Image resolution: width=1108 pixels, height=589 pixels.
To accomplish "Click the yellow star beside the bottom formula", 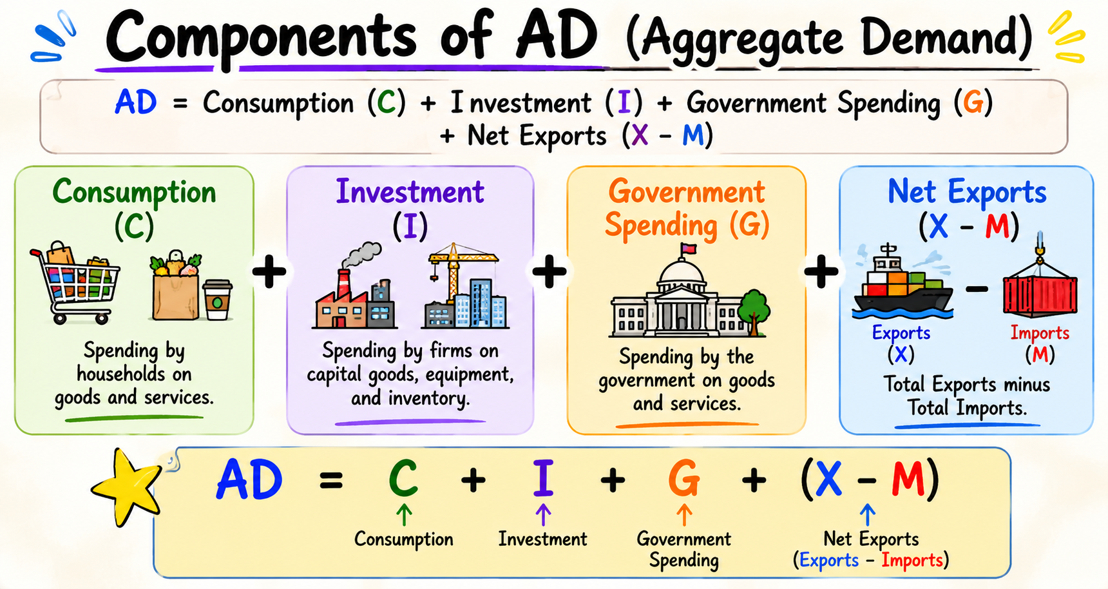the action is click(127, 487).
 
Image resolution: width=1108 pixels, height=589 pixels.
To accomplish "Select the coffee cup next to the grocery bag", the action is click(217, 300).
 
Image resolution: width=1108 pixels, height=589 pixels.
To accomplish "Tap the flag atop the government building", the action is click(688, 249).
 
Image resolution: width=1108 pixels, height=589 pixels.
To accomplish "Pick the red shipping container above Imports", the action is click(1040, 290).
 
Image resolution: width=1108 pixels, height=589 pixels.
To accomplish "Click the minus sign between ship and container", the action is click(977, 289).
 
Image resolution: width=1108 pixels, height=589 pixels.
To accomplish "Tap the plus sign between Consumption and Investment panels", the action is click(269, 271).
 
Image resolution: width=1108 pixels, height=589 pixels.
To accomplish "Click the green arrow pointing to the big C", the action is click(404, 514).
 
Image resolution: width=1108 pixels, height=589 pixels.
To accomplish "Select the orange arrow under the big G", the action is click(684, 514).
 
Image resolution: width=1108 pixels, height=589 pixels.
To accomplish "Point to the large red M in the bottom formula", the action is click(908, 479).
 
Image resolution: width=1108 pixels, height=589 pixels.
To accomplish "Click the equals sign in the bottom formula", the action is click(331, 480).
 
